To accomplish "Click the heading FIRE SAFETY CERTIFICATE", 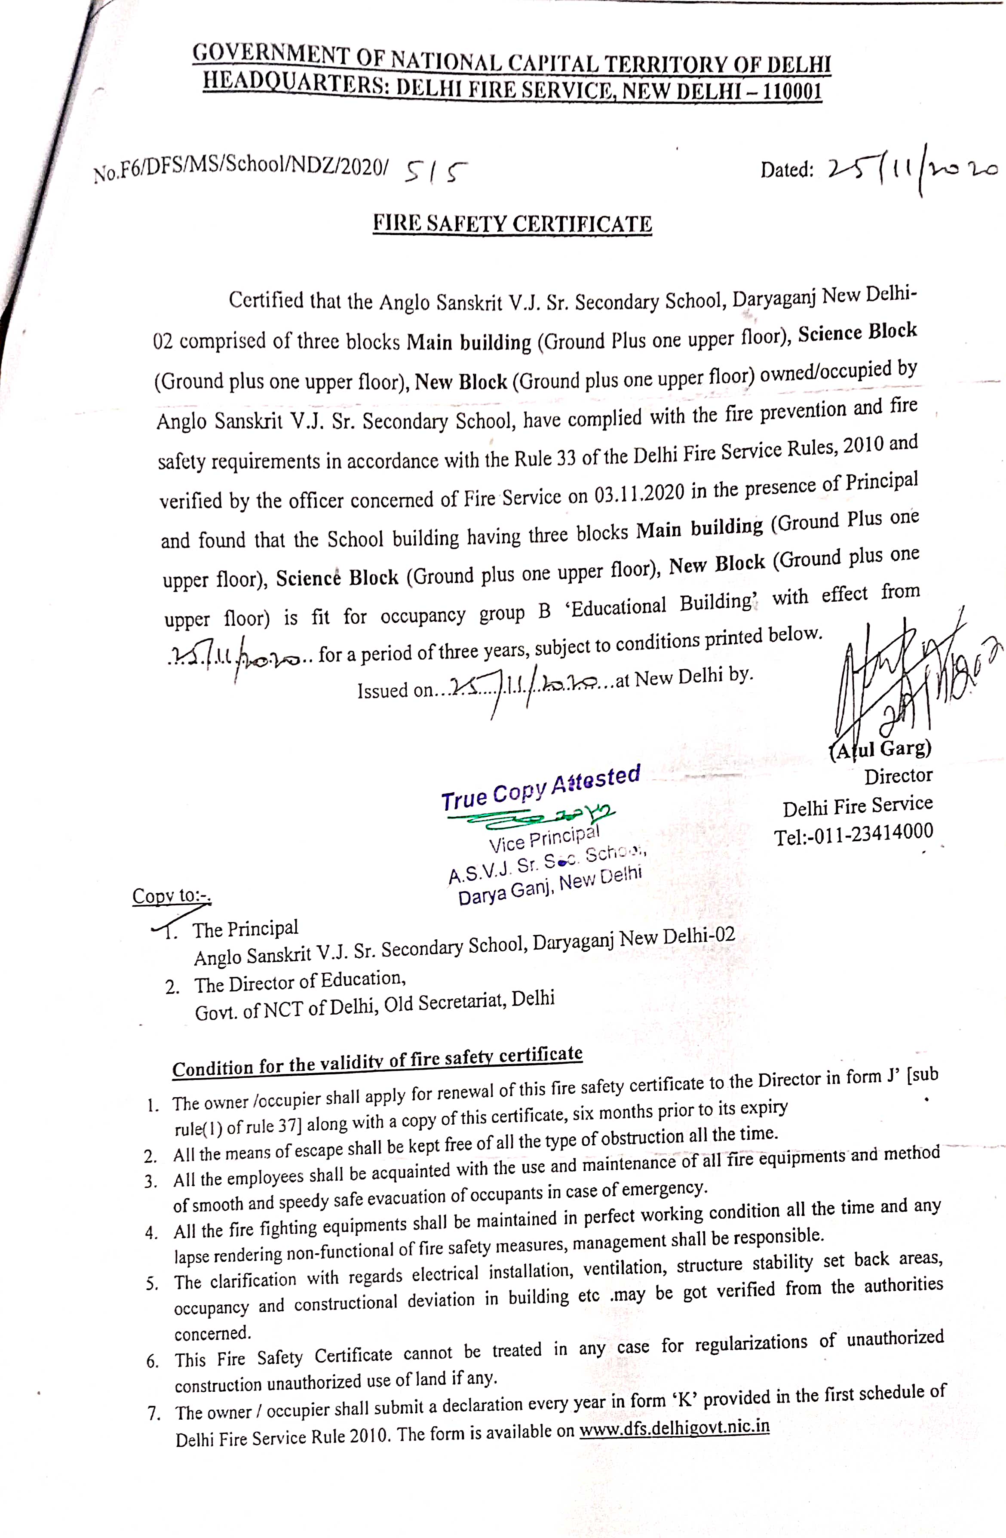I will pos(512,224).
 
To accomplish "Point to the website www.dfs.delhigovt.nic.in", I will pos(674,1427).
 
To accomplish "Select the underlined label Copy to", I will pos(171,895).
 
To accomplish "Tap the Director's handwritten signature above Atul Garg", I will pos(905,672).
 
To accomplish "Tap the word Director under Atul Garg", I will pos(898,776).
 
